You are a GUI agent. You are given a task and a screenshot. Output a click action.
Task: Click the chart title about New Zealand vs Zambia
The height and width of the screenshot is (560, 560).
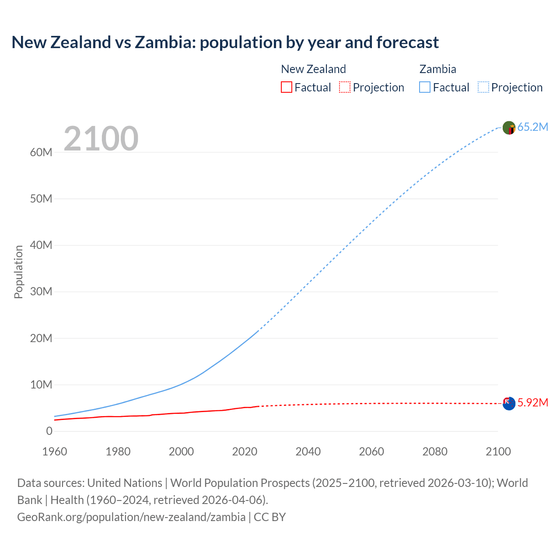[x=225, y=42]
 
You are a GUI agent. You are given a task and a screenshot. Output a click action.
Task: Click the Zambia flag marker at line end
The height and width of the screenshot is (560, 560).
[x=509, y=128]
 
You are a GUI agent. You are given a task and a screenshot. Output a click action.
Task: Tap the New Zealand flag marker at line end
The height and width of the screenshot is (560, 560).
[x=509, y=403]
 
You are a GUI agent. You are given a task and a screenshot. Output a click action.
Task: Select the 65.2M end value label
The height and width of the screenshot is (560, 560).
[x=532, y=127]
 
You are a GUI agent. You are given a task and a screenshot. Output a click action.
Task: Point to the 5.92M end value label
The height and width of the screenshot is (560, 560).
[x=532, y=403]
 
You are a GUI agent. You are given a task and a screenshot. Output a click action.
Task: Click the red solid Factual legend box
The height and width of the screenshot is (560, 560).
[x=286, y=87]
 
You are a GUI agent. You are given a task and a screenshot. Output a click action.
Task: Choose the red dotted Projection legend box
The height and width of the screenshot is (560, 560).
[x=345, y=87]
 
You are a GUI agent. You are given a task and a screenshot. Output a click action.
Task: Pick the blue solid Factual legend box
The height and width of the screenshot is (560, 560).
[x=425, y=87]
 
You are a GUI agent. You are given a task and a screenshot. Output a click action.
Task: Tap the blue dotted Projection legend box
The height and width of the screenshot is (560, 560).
[x=483, y=87]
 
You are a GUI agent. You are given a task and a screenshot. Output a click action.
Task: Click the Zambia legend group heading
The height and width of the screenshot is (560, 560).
[x=437, y=69]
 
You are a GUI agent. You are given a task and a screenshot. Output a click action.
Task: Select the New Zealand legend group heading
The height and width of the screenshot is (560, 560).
[x=313, y=69]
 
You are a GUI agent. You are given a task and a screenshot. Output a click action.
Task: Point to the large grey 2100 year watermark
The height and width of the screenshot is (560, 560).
[x=101, y=139]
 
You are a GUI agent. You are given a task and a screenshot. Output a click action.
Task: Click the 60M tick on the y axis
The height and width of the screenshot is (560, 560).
[x=41, y=153]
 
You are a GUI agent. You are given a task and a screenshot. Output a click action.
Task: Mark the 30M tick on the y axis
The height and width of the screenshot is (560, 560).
[x=41, y=292]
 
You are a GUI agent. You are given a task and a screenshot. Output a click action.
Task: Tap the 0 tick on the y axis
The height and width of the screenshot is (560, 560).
[x=49, y=431]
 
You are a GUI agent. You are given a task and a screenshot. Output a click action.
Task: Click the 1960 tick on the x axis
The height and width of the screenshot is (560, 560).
[x=55, y=451]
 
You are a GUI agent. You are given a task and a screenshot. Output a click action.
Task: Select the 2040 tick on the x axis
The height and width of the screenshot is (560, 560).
[x=308, y=451]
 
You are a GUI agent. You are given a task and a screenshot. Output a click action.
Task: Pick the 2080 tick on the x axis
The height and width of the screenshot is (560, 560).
[x=435, y=451]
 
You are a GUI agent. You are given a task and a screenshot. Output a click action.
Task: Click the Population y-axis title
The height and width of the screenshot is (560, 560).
[x=18, y=272]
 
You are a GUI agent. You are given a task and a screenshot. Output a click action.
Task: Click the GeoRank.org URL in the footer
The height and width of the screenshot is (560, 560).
[x=131, y=517]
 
